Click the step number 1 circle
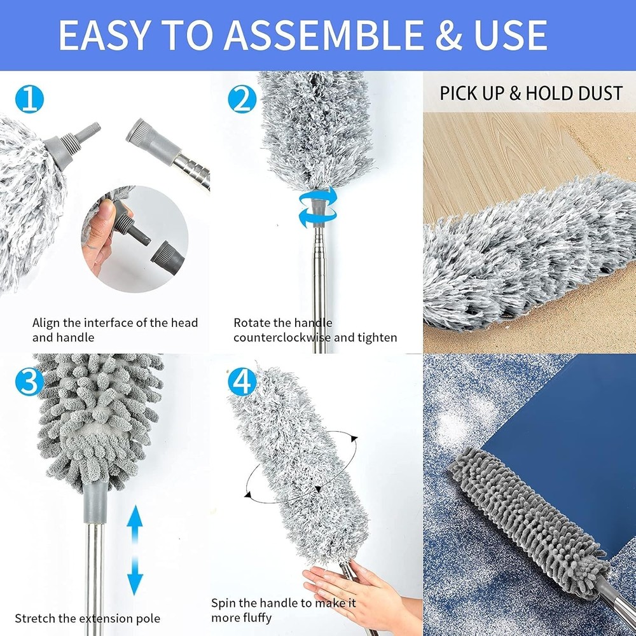[x=29, y=100]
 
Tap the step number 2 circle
[x=243, y=100]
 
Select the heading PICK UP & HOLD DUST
[x=530, y=93]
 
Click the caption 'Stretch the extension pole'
[x=88, y=618]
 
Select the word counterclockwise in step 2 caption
[x=282, y=338]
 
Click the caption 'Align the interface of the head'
[x=115, y=323]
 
